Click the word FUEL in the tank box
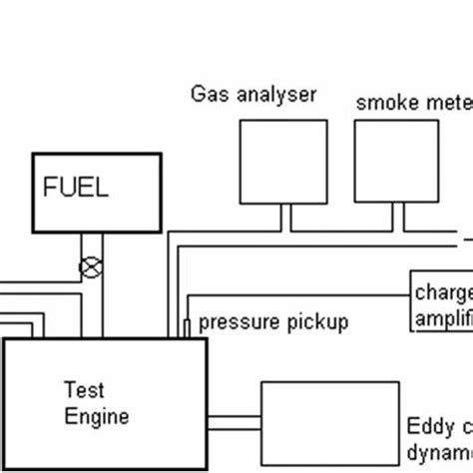(x=74, y=187)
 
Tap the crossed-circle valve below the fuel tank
(x=91, y=267)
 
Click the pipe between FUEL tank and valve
(x=91, y=243)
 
